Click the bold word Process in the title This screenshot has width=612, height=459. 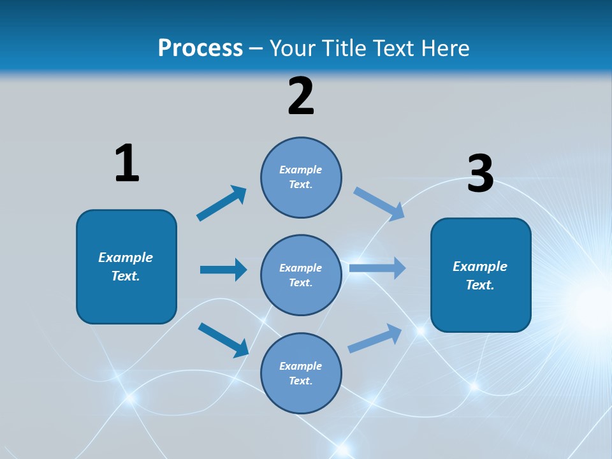pyautogui.click(x=200, y=48)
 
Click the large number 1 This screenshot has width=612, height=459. pyautogui.click(x=127, y=163)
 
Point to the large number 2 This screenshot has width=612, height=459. pyautogui.click(x=301, y=96)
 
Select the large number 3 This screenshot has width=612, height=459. pyautogui.click(x=480, y=174)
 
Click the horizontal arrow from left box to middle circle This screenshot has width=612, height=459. pyautogui.click(x=223, y=270)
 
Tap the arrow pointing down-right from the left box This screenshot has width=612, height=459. pyautogui.click(x=224, y=339)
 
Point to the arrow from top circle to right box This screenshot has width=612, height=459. pyautogui.click(x=379, y=203)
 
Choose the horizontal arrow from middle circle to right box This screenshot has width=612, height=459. pyautogui.click(x=377, y=268)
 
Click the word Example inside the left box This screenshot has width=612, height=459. pyautogui.click(x=126, y=258)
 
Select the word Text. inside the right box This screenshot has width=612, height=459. pyautogui.click(x=480, y=285)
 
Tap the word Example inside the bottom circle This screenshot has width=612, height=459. pyautogui.click(x=301, y=366)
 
